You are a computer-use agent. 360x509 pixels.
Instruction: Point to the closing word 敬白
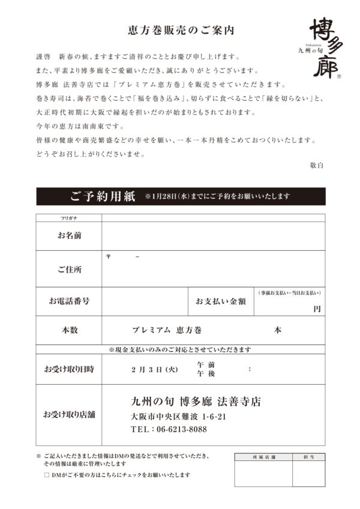click(x=317, y=165)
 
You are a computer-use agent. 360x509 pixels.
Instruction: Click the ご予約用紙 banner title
click(x=103, y=196)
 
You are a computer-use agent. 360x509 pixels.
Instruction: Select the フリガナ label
click(x=69, y=218)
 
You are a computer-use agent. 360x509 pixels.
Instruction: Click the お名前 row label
click(x=70, y=236)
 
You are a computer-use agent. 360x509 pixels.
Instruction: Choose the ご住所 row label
click(x=70, y=270)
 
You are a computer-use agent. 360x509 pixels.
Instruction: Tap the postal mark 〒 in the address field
click(x=109, y=256)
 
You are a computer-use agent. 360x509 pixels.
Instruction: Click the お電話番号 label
click(x=70, y=301)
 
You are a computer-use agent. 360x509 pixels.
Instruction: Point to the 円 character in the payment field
click(x=317, y=309)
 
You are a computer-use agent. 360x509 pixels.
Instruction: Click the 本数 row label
click(x=70, y=330)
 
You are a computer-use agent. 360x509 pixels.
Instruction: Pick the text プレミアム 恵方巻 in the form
click(x=166, y=330)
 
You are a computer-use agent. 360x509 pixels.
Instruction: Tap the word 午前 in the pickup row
click(x=206, y=364)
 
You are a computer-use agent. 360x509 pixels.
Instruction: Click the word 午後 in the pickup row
click(x=206, y=373)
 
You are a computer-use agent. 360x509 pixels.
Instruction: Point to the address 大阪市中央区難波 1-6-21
click(x=178, y=417)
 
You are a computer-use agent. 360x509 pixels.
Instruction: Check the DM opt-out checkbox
click(x=47, y=475)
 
